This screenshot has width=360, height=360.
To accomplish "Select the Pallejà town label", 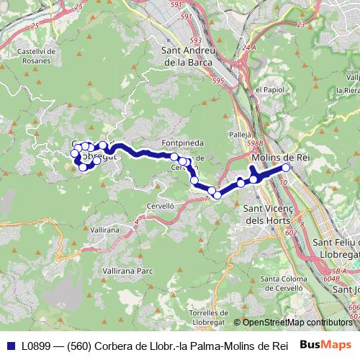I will (239, 135).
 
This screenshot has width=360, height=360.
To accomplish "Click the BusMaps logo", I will (327, 344).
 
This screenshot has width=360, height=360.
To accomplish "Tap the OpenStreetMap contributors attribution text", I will (296, 323).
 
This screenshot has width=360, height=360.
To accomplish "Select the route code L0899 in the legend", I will (37, 345).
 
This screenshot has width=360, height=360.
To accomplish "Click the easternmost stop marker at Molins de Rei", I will (286, 168).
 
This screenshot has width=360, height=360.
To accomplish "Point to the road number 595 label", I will (218, 82).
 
